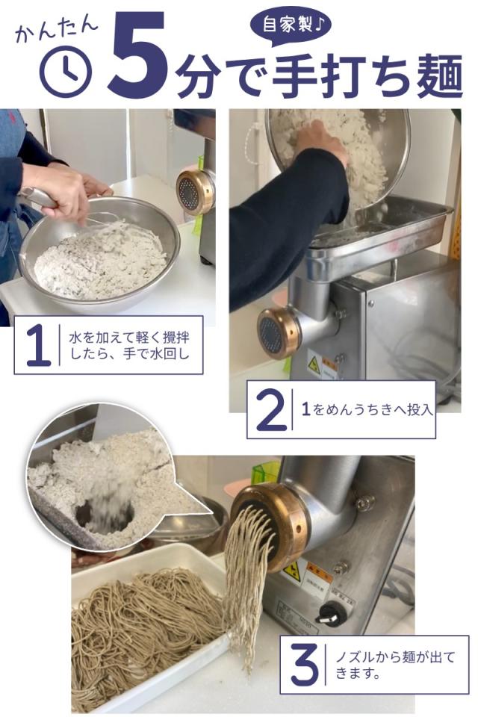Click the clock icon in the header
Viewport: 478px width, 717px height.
65,72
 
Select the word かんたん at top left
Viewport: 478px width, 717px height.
56,29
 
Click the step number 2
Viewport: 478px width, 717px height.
270,410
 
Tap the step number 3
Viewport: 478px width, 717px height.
304,665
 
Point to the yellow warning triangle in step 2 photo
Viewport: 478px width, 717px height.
314,364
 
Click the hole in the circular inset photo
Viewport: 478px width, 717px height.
105,515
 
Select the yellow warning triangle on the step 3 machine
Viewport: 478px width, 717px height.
292,571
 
